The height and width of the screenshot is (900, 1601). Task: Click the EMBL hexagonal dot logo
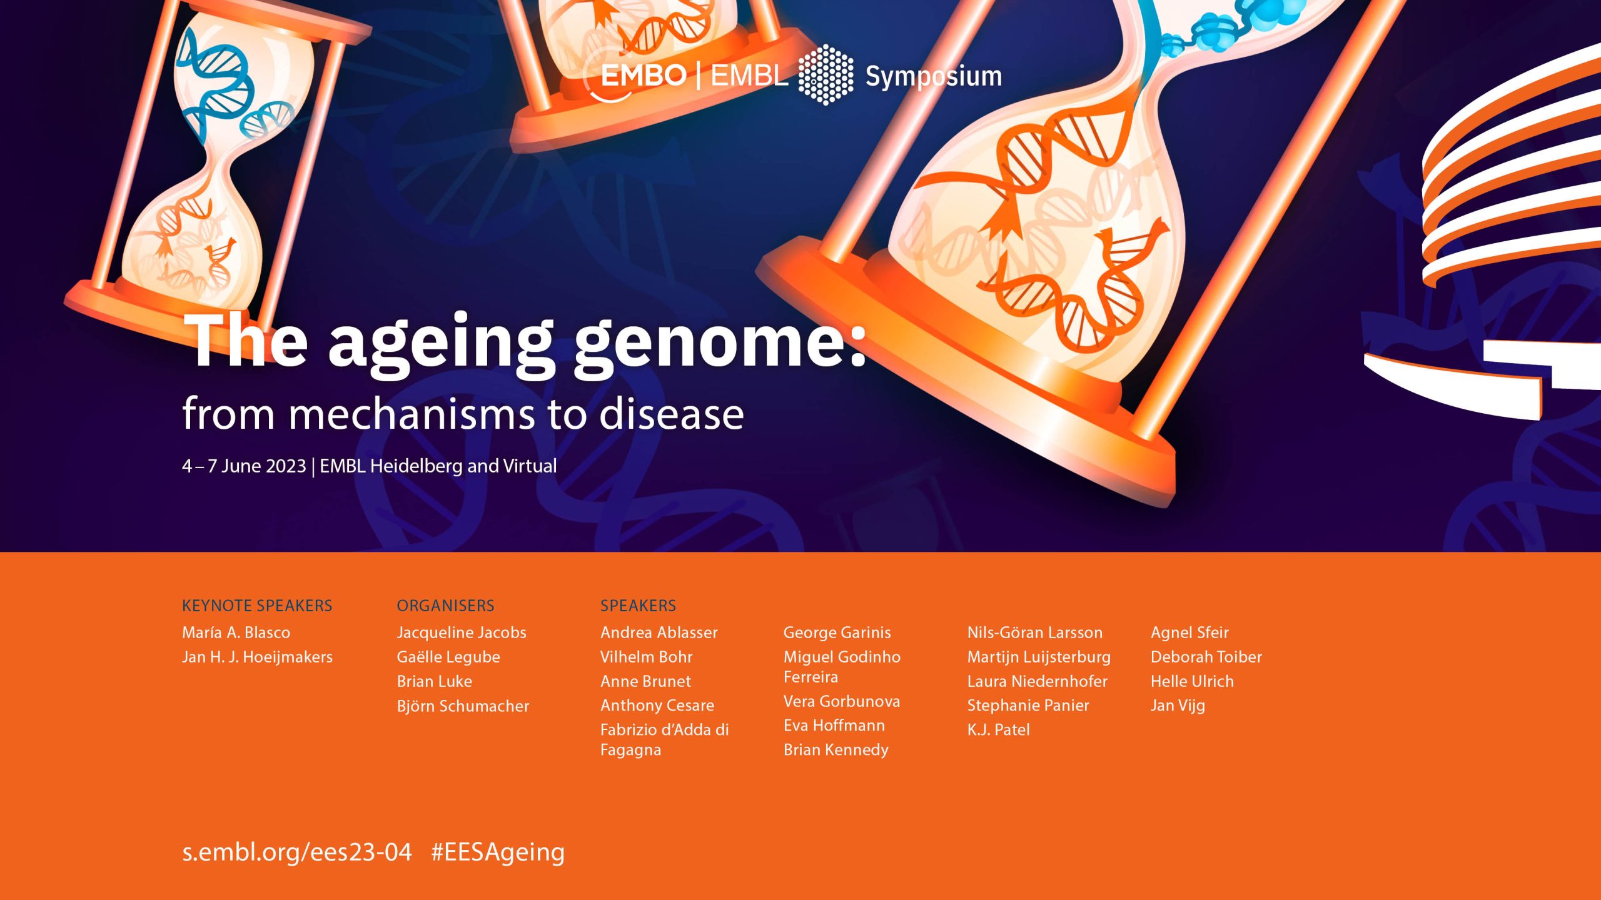(826, 74)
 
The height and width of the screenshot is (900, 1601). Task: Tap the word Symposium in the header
(934, 76)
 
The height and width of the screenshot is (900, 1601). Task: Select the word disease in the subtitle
(672, 414)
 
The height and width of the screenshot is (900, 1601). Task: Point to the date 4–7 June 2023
(244, 466)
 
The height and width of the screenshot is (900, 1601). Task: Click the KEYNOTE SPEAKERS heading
(257, 606)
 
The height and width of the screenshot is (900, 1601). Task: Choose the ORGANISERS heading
(445, 606)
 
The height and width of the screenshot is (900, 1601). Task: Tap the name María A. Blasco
(236, 632)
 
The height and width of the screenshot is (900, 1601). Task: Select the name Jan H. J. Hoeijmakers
(257, 657)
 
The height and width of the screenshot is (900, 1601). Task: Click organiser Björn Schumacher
(463, 706)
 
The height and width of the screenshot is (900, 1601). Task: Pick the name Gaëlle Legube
(448, 657)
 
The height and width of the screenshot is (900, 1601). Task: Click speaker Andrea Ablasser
(659, 632)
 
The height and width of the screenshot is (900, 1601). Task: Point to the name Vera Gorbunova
(842, 701)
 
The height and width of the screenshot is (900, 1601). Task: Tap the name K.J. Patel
(998, 730)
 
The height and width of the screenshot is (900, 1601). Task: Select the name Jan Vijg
(1178, 706)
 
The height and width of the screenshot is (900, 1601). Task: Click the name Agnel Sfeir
(1189, 632)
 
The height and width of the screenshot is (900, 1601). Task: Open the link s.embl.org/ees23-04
(297, 852)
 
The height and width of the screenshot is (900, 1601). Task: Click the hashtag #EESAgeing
(498, 852)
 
